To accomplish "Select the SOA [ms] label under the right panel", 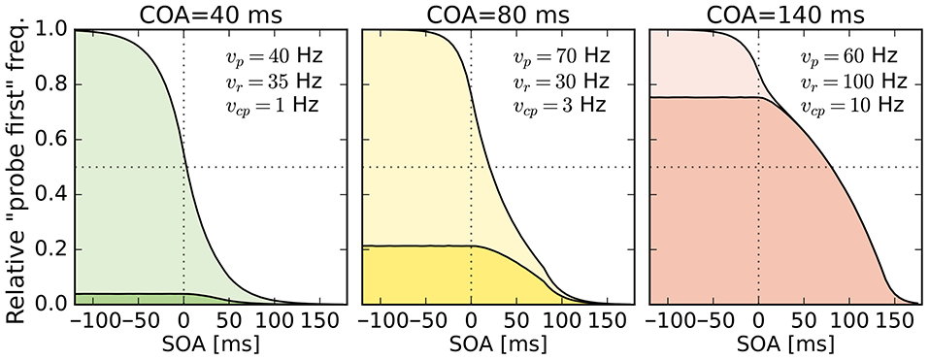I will [x=784, y=345].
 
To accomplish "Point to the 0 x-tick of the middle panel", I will [x=471, y=321].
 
